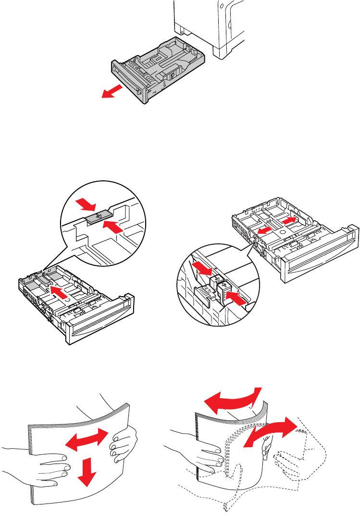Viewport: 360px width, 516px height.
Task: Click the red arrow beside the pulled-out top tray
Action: pos(110,91)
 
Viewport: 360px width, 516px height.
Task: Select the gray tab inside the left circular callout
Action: pos(99,217)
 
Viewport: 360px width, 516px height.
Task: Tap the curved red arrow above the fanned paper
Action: pos(230,402)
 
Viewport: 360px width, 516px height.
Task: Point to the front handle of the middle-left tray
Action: pos(98,328)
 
